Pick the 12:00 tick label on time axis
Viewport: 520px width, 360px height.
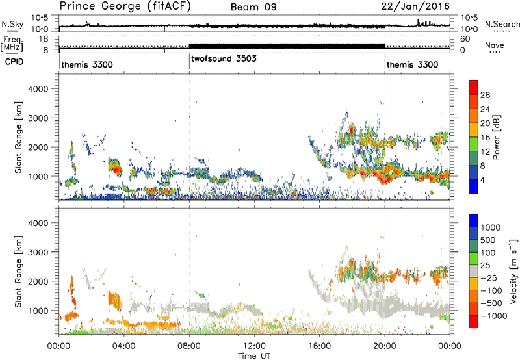pyautogui.click(x=254, y=345)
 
